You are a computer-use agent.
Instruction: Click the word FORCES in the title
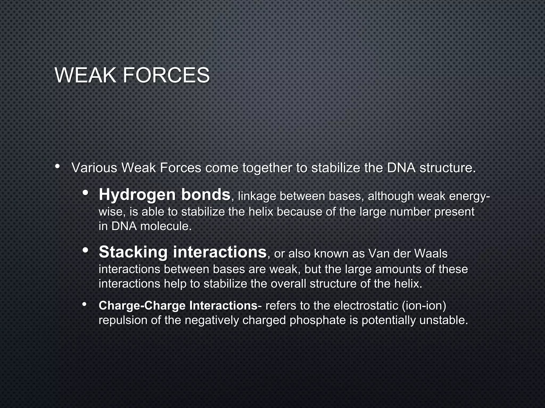[x=166, y=75]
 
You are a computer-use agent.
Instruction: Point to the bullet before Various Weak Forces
[x=57, y=167]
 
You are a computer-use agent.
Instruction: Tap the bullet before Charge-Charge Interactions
[x=84, y=305]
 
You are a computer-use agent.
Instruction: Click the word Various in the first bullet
[x=94, y=168]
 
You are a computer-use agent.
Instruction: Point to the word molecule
[x=166, y=227]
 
